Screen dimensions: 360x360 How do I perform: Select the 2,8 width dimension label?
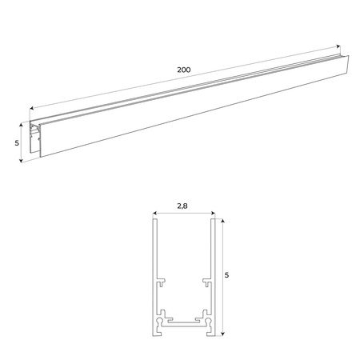[x=182, y=206]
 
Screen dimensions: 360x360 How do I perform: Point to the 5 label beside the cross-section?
[x=227, y=275]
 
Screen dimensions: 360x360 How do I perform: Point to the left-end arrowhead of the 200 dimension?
[x=30, y=107]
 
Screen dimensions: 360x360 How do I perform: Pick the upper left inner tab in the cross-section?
[x=162, y=282]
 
